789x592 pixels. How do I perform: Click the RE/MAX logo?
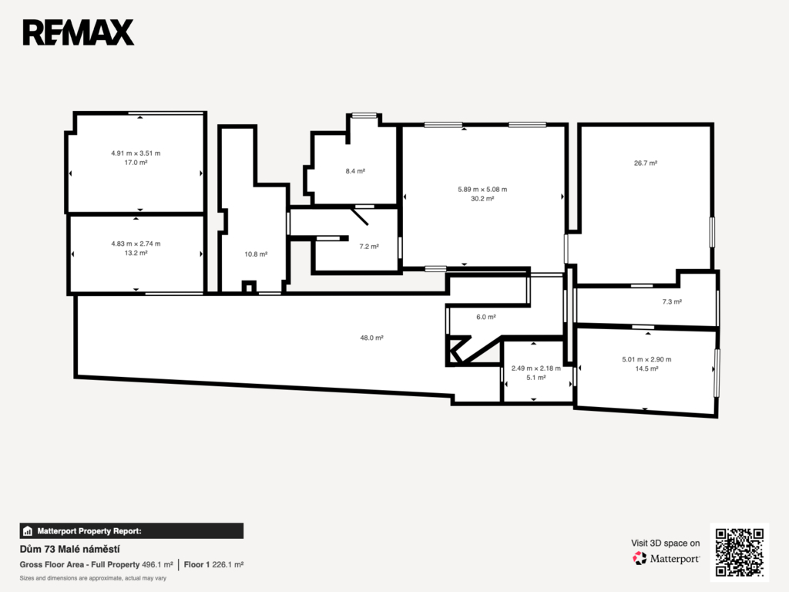pyautogui.click(x=79, y=32)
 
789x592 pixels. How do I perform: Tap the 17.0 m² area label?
pyautogui.click(x=136, y=163)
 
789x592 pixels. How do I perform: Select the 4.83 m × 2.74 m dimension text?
pyautogui.click(x=136, y=244)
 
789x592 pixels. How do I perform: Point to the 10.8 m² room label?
pyautogui.click(x=256, y=254)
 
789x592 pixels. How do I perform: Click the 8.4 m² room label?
pyautogui.click(x=355, y=171)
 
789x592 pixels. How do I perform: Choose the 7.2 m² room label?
pyautogui.click(x=369, y=247)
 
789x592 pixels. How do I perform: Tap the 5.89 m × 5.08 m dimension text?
pyautogui.click(x=482, y=190)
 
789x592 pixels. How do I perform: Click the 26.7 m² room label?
pyautogui.click(x=646, y=163)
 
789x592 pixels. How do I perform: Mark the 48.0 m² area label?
pyautogui.click(x=372, y=338)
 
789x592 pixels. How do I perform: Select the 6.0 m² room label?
pyautogui.click(x=486, y=317)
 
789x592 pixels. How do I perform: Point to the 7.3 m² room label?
pyautogui.click(x=672, y=302)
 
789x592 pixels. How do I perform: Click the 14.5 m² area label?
pyautogui.click(x=646, y=368)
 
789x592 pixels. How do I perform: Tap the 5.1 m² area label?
pyautogui.click(x=536, y=378)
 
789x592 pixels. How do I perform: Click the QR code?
pyautogui.click(x=740, y=552)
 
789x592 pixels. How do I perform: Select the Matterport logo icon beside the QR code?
pyautogui.click(x=640, y=558)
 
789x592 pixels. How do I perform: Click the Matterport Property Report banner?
pyautogui.click(x=131, y=531)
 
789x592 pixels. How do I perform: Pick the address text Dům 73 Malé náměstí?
pyautogui.click(x=70, y=549)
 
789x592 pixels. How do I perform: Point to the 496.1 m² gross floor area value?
pyautogui.click(x=157, y=565)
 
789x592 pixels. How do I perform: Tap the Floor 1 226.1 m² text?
pyautogui.click(x=214, y=565)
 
